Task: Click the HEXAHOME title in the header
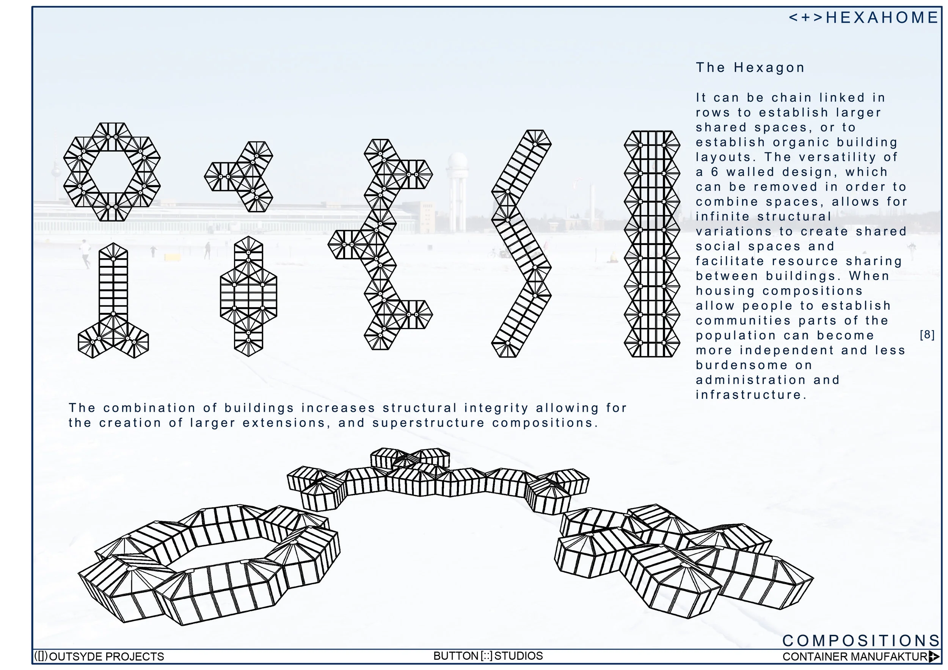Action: point(882,18)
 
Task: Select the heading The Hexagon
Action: point(750,68)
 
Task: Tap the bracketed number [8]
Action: point(927,335)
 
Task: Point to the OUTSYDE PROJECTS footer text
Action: point(106,656)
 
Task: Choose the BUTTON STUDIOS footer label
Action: point(488,656)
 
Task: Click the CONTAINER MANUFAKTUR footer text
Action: point(855,657)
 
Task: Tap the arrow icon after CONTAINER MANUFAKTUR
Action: point(934,656)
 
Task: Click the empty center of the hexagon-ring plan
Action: point(112,172)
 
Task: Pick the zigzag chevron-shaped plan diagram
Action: point(521,243)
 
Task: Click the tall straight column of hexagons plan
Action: point(651,243)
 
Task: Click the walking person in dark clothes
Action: point(208,250)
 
